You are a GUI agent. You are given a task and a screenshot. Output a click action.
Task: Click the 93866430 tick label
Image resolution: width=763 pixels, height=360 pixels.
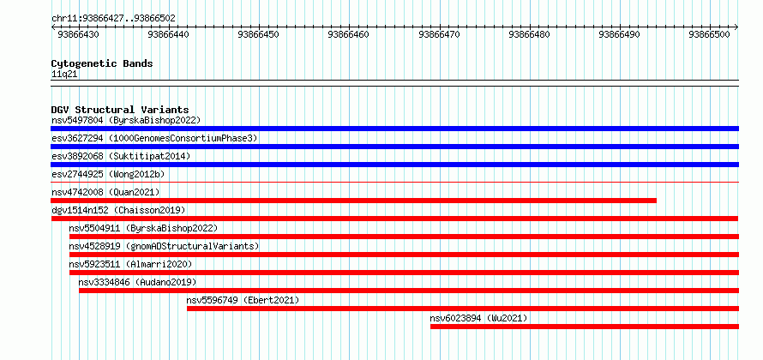pyautogui.click(x=78, y=34)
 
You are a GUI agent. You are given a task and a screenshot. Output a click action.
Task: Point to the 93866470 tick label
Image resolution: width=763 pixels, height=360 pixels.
pyautogui.click(x=439, y=34)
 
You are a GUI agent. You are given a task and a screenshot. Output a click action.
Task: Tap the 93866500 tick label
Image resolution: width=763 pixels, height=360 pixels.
pyautogui.click(x=710, y=34)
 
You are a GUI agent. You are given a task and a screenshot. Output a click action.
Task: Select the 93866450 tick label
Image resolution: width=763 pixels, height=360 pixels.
pyautogui.click(x=258, y=34)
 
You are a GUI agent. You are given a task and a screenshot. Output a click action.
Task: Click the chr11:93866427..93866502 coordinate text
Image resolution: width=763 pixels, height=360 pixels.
pyautogui.click(x=113, y=19)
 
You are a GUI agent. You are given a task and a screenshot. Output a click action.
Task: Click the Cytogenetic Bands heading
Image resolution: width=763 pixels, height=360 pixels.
pyautogui.click(x=102, y=63)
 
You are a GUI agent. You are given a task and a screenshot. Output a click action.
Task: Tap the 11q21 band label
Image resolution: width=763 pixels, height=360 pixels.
pyautogui.click(x=64, y=75)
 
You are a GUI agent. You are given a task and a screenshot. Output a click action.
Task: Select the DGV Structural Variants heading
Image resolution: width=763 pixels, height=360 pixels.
pyautogui.click(x=120, y=110)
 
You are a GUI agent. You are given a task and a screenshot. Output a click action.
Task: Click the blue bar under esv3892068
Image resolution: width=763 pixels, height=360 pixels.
pyautogui.click(x=394, y=165)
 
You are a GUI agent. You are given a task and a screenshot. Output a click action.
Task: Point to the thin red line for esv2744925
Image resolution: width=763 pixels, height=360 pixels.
pyautogui.click(x=394, y=183)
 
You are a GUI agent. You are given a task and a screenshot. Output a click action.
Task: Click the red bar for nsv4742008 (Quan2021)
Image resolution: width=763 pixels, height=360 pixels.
pyautogui.click(x=353, y=201)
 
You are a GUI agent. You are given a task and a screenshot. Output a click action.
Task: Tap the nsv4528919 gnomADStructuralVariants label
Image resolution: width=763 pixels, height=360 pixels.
pyautogui.click(x=164, y=246)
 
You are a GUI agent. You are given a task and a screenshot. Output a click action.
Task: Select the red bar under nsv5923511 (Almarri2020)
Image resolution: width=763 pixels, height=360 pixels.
pyautogui.click(x=404, y=273)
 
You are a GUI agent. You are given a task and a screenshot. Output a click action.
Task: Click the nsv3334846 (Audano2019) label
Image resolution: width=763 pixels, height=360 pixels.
pyautogui.click(x=138, y=282)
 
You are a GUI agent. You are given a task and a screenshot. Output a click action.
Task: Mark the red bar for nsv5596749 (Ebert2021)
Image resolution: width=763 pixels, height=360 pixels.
pyautogui.click(x=463, y=309)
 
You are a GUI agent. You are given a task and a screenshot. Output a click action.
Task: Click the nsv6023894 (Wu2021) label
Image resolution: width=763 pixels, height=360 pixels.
pyautogui.click(x=478, y=318)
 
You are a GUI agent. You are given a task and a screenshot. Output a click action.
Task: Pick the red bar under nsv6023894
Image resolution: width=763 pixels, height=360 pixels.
pyautogui.click(x=585, y=327)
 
